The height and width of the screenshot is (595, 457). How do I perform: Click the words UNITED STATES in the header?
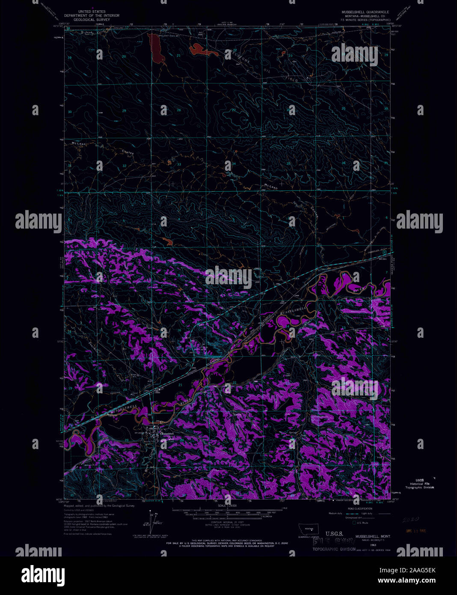91,12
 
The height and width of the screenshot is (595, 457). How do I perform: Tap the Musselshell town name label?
167,434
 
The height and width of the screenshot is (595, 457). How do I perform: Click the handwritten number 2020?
410,519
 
